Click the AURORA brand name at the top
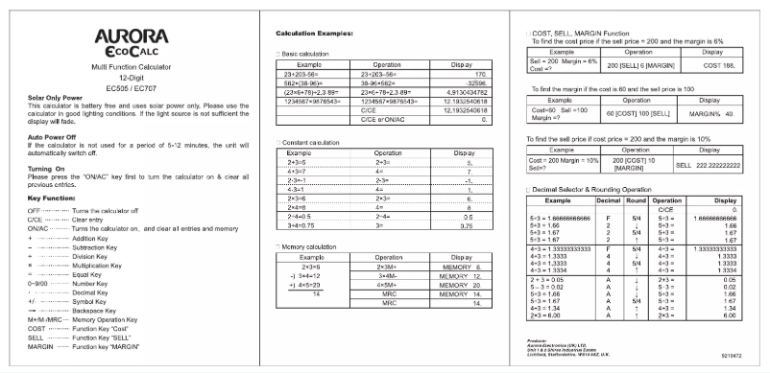(x=127, y=35)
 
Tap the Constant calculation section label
(x=309, y=142)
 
